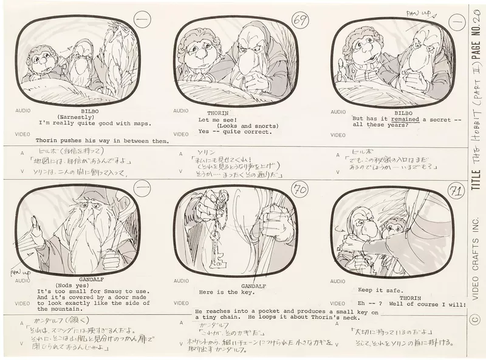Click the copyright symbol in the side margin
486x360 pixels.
475,317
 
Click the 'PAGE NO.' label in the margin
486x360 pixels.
475,40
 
